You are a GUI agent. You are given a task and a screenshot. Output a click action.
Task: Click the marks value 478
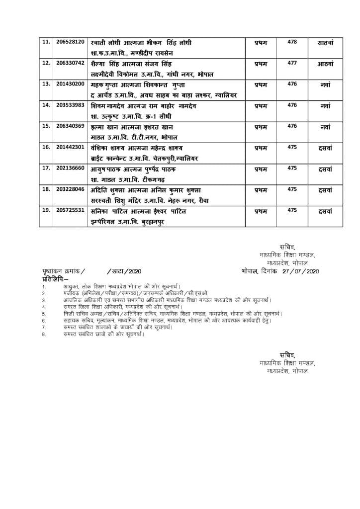click(x=292, y=42)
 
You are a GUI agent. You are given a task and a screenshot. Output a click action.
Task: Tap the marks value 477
click(x=292, y=63)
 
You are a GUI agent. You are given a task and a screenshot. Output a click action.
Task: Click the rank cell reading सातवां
click(x=326, y=43)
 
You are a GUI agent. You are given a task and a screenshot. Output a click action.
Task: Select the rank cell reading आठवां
click(x=326, y=64)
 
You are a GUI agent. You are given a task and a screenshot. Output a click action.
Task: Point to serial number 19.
click(x=47, y=210)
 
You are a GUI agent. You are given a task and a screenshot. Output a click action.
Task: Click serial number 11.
click(x=47, y=42)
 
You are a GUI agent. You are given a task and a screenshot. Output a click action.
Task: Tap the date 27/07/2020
click(x=300, y=271)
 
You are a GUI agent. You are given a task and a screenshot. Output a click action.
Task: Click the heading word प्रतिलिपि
click(x=52, y=279)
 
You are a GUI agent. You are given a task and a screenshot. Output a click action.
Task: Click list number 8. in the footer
click(x=44, y=335)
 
